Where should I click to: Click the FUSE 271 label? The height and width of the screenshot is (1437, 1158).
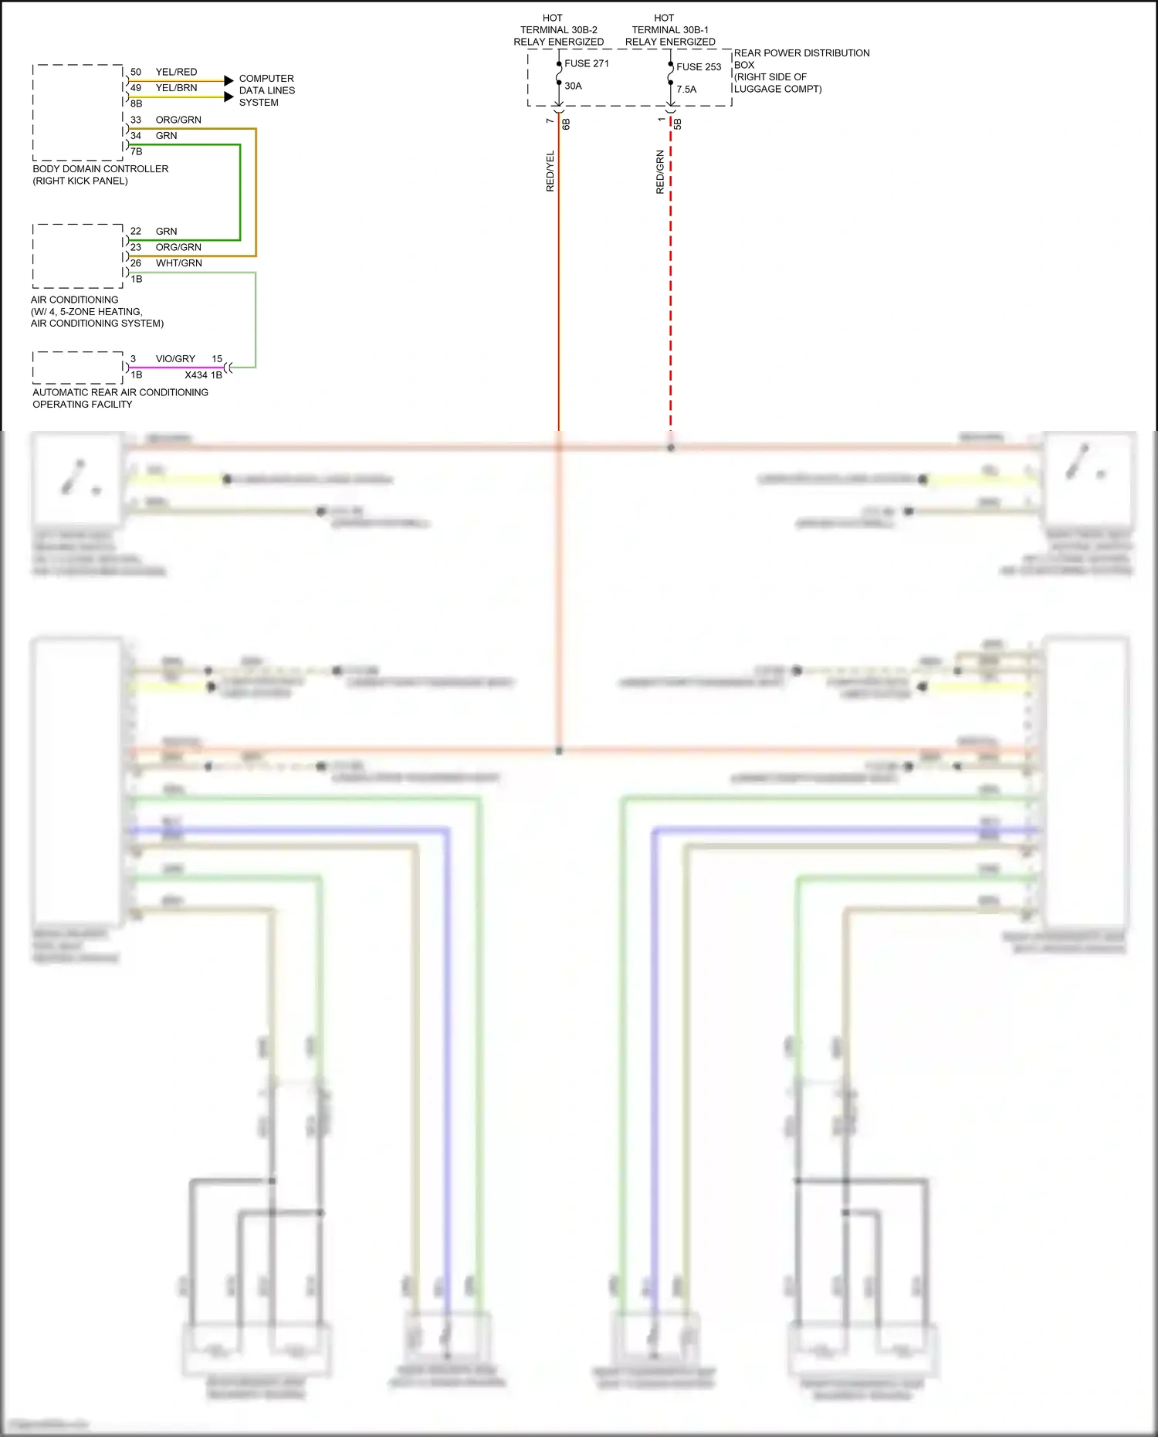click(587, 63)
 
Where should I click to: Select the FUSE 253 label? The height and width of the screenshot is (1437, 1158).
click(699, 67)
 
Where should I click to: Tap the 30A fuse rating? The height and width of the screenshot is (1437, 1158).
click(573, 86)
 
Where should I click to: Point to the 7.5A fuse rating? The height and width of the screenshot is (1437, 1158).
click(686, 90)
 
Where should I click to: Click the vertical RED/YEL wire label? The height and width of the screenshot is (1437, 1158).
click(550, 171)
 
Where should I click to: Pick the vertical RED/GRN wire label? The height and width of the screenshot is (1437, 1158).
click(660, 171)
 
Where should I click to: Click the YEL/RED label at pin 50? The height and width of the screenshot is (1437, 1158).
click(176, 72)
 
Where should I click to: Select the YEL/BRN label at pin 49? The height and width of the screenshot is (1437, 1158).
click(176, 88)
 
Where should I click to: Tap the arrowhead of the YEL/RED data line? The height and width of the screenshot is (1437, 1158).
click(229, 80)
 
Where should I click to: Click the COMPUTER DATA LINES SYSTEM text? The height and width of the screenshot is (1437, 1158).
click(266, 90)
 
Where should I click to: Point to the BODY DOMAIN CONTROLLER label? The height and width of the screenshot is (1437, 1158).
click(100, 169)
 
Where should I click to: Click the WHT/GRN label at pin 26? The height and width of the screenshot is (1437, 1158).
click(178, 263)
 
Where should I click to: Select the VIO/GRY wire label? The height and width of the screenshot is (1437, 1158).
click(175, 359)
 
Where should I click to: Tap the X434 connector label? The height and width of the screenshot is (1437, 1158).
click(196, 375)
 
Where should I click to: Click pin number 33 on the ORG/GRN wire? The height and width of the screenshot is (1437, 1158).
click(136, 120)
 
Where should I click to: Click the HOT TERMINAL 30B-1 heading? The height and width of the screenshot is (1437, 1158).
click(669, 29)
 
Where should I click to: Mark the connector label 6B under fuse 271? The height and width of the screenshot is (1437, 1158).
click(566, 124)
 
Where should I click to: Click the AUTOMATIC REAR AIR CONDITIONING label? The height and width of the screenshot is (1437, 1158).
click(120, 392)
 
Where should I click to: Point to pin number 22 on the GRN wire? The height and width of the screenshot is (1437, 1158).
click(136, 232)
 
